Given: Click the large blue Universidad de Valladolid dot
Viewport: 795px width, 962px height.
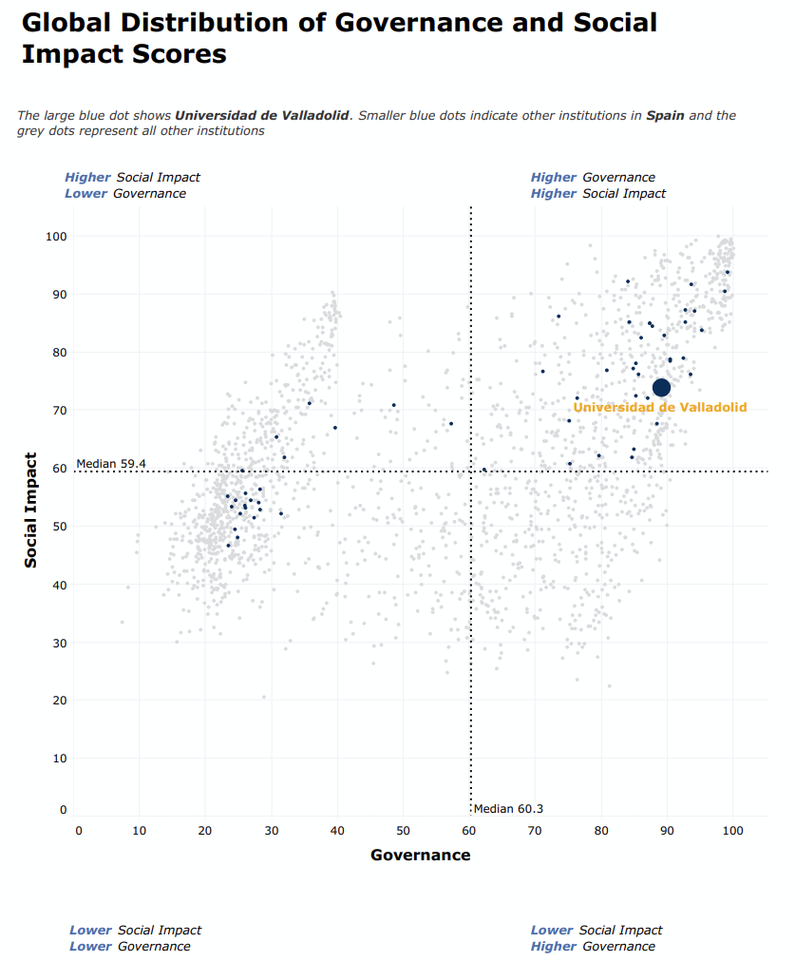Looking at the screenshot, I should click(661, 387).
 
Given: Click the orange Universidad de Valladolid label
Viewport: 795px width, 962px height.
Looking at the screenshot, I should click(659, 408).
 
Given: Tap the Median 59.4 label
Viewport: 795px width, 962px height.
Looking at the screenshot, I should click(111, 464).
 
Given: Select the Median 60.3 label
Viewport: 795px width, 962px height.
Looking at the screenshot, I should click(508, 809).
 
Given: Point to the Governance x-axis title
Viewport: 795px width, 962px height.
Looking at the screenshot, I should click(420, 855).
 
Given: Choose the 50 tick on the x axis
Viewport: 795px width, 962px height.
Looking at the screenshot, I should click(403, 832).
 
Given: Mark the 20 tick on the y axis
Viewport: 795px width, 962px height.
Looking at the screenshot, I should click(60, 701).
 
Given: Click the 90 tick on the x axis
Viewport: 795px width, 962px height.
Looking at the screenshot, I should click(667, 832).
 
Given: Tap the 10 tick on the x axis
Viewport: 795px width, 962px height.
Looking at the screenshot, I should click(139, 832).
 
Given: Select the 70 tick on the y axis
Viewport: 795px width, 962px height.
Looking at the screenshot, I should click(60, 411).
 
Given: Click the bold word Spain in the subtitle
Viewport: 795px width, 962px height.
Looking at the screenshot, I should click(665, 116).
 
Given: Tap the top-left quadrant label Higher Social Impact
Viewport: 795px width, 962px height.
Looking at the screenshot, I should click(132, 177).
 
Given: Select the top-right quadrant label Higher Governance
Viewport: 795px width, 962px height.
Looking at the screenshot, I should click(593, 177).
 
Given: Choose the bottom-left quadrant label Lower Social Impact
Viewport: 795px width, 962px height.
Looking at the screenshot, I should click(135, 930).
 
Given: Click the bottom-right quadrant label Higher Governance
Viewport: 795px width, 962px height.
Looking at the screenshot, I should click(593, 946).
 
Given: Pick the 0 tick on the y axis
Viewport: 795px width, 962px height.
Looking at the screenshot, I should click(64, 810).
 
